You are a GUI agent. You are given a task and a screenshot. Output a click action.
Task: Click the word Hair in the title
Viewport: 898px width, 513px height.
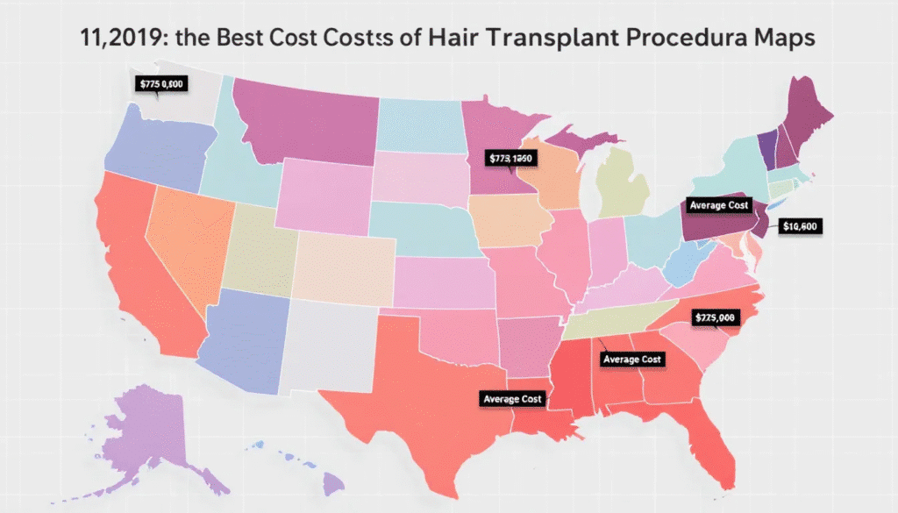456,39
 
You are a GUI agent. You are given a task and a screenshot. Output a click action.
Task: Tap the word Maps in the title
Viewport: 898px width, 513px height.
785,39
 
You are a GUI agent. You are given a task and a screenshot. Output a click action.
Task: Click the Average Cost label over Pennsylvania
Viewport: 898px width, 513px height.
719,205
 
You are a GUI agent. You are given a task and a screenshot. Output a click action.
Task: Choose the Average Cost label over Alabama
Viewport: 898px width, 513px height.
633,360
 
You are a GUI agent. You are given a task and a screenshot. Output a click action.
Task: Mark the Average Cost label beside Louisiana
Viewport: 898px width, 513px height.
513,399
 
